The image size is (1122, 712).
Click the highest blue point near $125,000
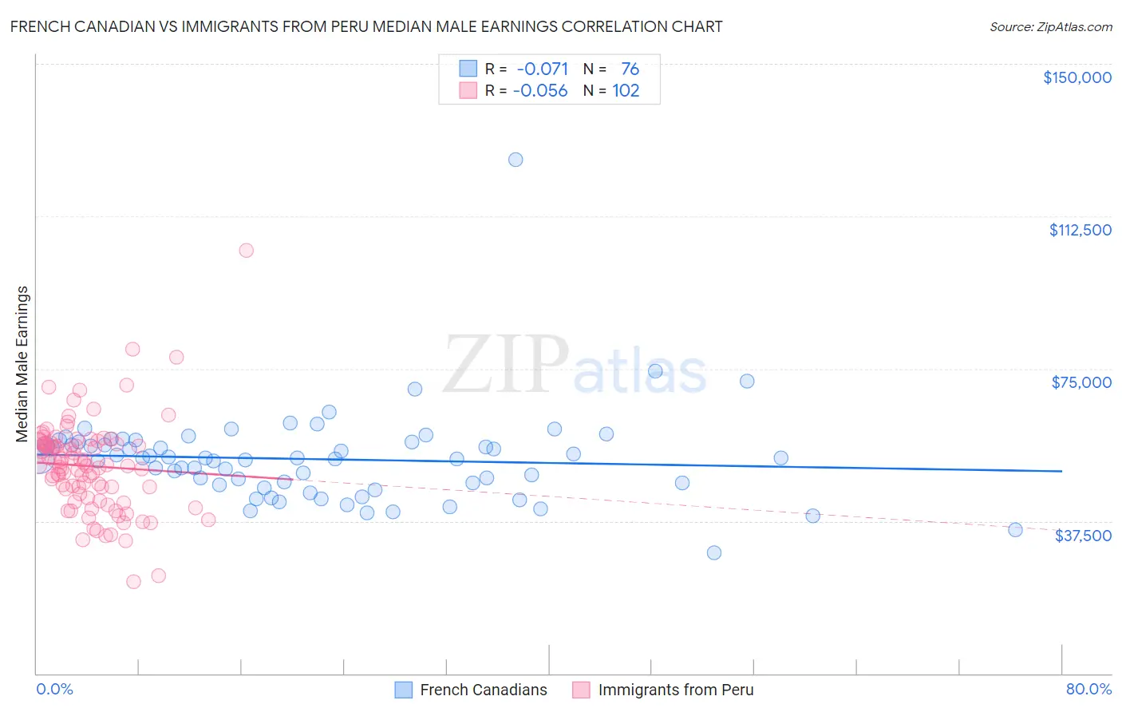(x=516, y=160)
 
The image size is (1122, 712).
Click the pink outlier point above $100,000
(x=247, y=251)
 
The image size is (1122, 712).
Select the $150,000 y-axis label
(x=1077, y=77)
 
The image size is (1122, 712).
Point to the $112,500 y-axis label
(x=1080, y=230)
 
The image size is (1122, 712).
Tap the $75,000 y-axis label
(x=1081, y=382)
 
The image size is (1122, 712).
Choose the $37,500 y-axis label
(x=1083, y=536)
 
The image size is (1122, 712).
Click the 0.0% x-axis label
(x=54, y=689)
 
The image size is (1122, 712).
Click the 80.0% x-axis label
(x=1088, y=689)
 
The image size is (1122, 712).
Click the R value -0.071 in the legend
(x=543, y=69)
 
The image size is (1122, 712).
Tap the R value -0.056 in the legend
(x=540, y=91)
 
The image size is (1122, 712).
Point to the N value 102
(x=626, y=91)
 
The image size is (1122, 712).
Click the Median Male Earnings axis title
(x=22, y=364)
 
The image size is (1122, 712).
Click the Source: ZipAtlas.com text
(x=1050, y=27)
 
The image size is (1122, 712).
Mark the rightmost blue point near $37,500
(x=1015, y=530)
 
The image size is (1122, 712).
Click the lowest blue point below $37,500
(x=714, y=553)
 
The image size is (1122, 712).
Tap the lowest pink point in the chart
(x=134, y=582)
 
